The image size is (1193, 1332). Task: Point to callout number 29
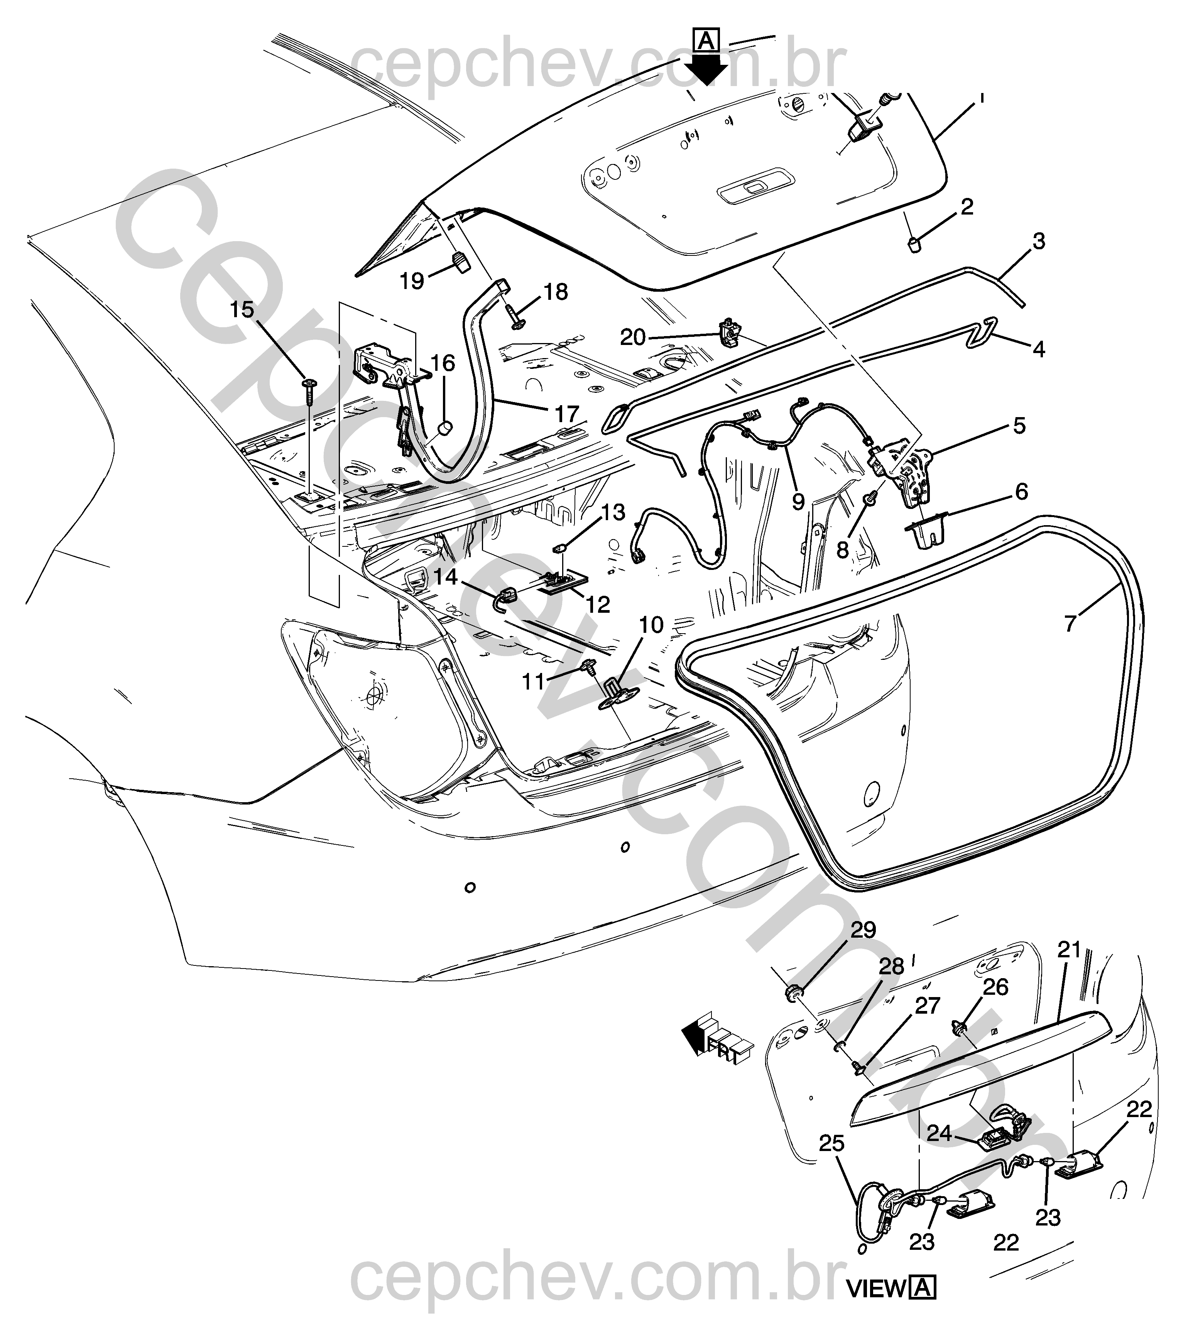click(x=863, y=930)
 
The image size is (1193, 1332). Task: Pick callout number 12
click(x=598, y=604)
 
